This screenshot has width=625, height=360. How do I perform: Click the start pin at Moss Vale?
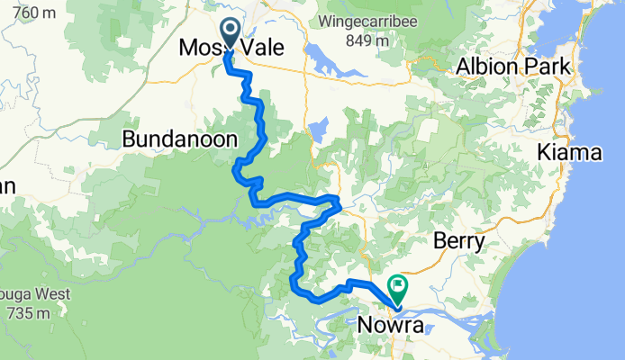tap(231, 33)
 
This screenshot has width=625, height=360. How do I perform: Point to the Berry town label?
tap(458, 241)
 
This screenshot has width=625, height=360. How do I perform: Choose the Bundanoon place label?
tap(179, 139)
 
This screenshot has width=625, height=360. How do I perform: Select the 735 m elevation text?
tap(27, 313)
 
